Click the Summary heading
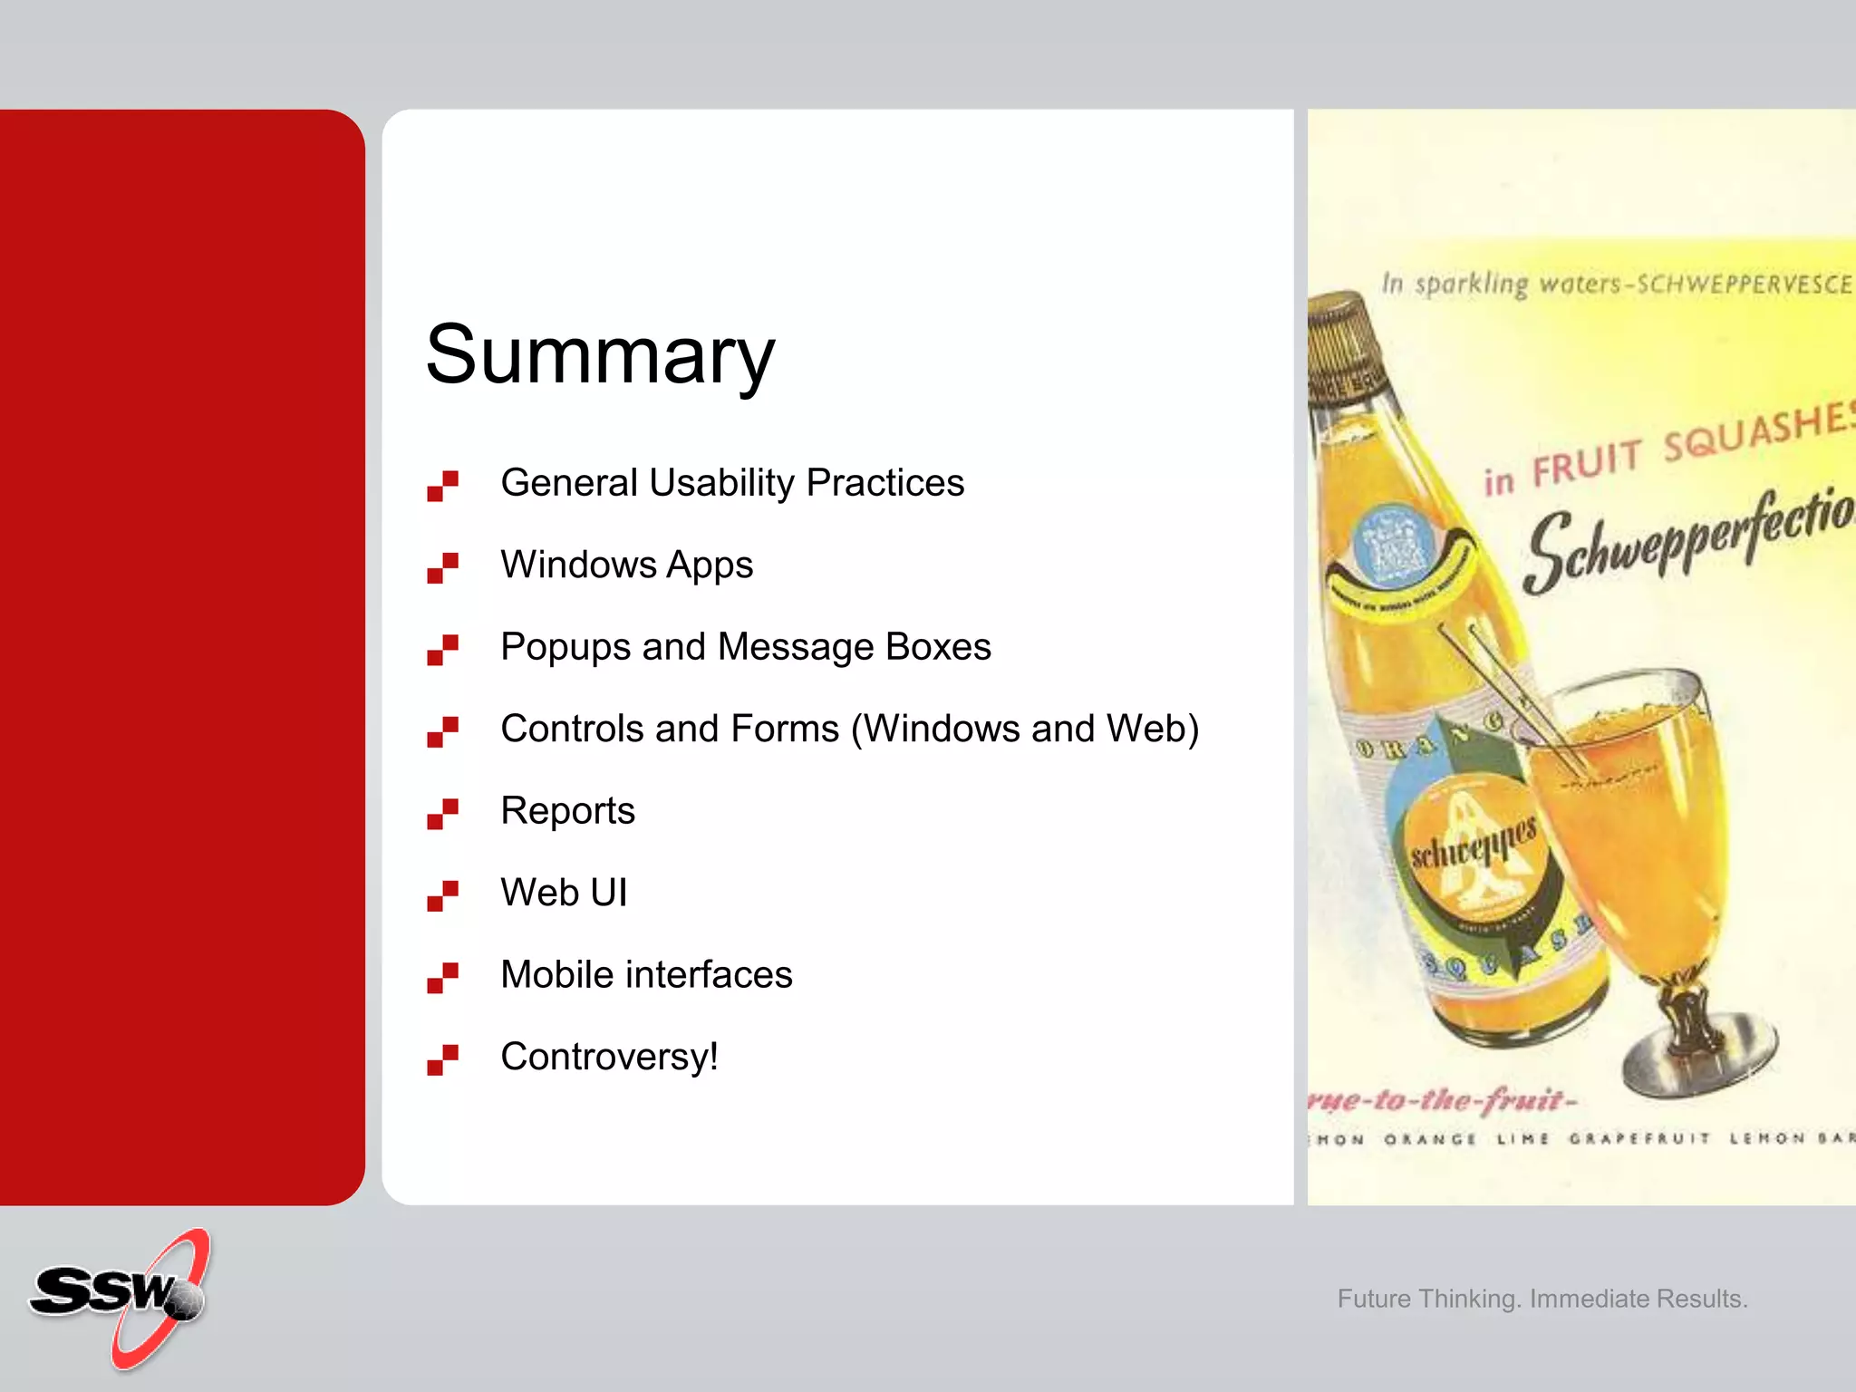[600, 355]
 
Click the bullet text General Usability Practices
[731, 483]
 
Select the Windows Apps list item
[626, 565]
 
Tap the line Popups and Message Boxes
[745, 647]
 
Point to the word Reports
[567, 811]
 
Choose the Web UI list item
[564, 893]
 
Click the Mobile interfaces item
[646, 975]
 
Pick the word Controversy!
[609, 1057]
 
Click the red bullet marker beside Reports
[442, 813]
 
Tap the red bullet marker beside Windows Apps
[442, 567]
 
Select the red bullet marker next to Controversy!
[442, 1059]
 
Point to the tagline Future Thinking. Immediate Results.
[1542, 1299]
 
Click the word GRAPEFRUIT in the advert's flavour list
[1638, 1138]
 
